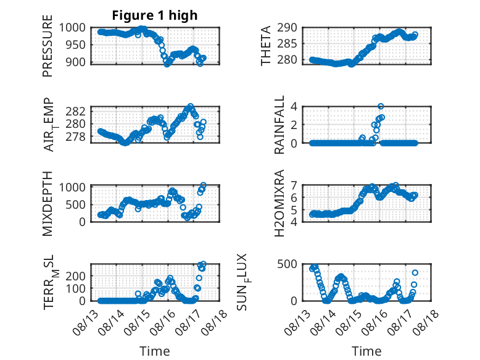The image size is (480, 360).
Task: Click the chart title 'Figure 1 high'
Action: pyautogui.click(x=155, y=15)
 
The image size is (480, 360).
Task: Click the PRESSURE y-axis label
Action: pyautogui.click(x=48, y=46)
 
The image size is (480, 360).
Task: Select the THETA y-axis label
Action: pyautogui.click(x=266, y=46)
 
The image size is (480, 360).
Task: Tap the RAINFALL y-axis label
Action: pyautogui.click(x=279, y=125)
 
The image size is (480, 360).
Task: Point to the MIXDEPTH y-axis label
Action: pyautogui.click(x=48, y=204)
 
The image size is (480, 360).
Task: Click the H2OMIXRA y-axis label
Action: pyautogui.click(x=279, y=203)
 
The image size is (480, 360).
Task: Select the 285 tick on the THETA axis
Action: pyautogui.click(x=287, y=43)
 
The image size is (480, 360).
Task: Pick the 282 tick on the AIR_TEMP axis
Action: pyautogui.click(x=76, y=111)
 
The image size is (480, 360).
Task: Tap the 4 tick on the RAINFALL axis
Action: pyautogui.click(x=294, y=107)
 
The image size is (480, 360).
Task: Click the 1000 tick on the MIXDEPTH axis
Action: pyautogui.click(x=73, y=187)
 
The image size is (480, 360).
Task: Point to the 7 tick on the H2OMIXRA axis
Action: pyautogui.click(x=294, y=185)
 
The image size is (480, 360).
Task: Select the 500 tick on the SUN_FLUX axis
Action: pyautogui.click(x=287, y=264)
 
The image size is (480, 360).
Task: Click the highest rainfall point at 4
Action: pyautogui.click(x=381, y=106)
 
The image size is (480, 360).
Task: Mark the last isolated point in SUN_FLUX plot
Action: pyautogui.click(x=415, y=273)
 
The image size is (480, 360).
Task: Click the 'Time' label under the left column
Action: pyautogui.click(x=155, y=351)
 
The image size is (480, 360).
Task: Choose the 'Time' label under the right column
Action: pyautogui.click(x=366, y=351)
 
